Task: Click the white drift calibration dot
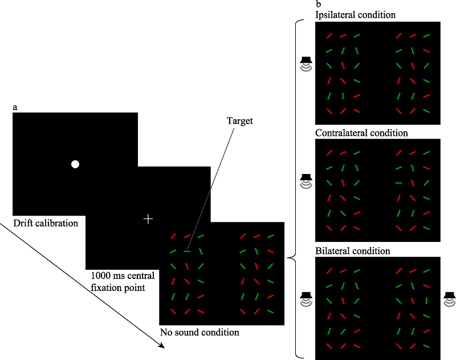pyautogui.click(x=75, y=165)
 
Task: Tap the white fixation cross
pyautogui.click(x=148, y=219)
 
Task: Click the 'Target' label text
pyautogui.click(x=239, y=121)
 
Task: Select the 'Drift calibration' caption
pyautogui.click(x=45, y=223)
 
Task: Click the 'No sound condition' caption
pyautogui.click(x=199, y=332)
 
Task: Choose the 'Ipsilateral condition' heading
pyautogui.click(x=355, y=15)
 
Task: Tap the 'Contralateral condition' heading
pyautogui.click(x=361, y=133)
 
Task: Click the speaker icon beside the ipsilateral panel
pyautogui.click(x=307, y=63)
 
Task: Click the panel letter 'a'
pyautogui.click(x=15, y=107)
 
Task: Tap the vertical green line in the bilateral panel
pyautogui.click(x=426, y=301)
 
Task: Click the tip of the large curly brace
pyautogui.click(x=289, y=258)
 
